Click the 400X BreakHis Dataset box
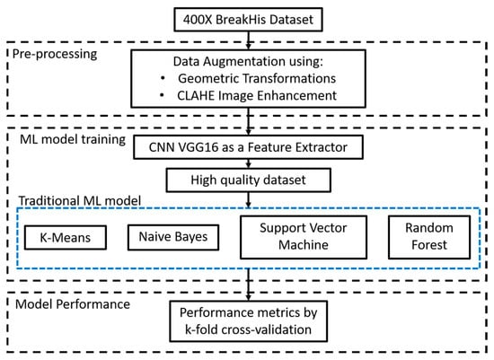click(x=246, y=19)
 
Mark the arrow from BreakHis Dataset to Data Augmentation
click(x=246, y=41)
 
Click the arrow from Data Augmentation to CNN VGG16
click(x=246, y=124)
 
